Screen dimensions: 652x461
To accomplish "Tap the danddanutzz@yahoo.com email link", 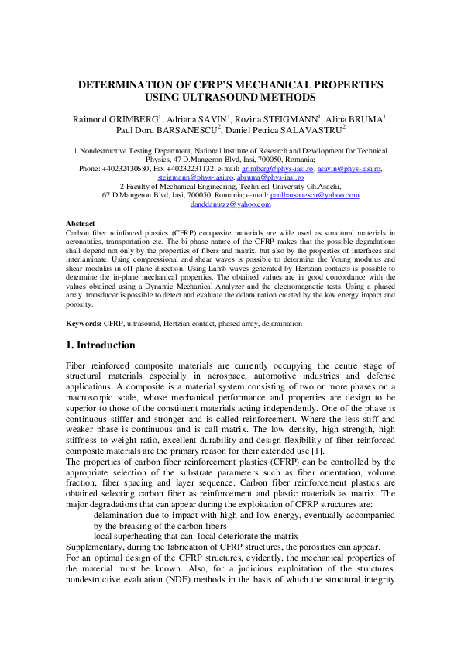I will (x=230, y=205).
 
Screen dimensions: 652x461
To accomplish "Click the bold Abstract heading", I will (x=80, y=223).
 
